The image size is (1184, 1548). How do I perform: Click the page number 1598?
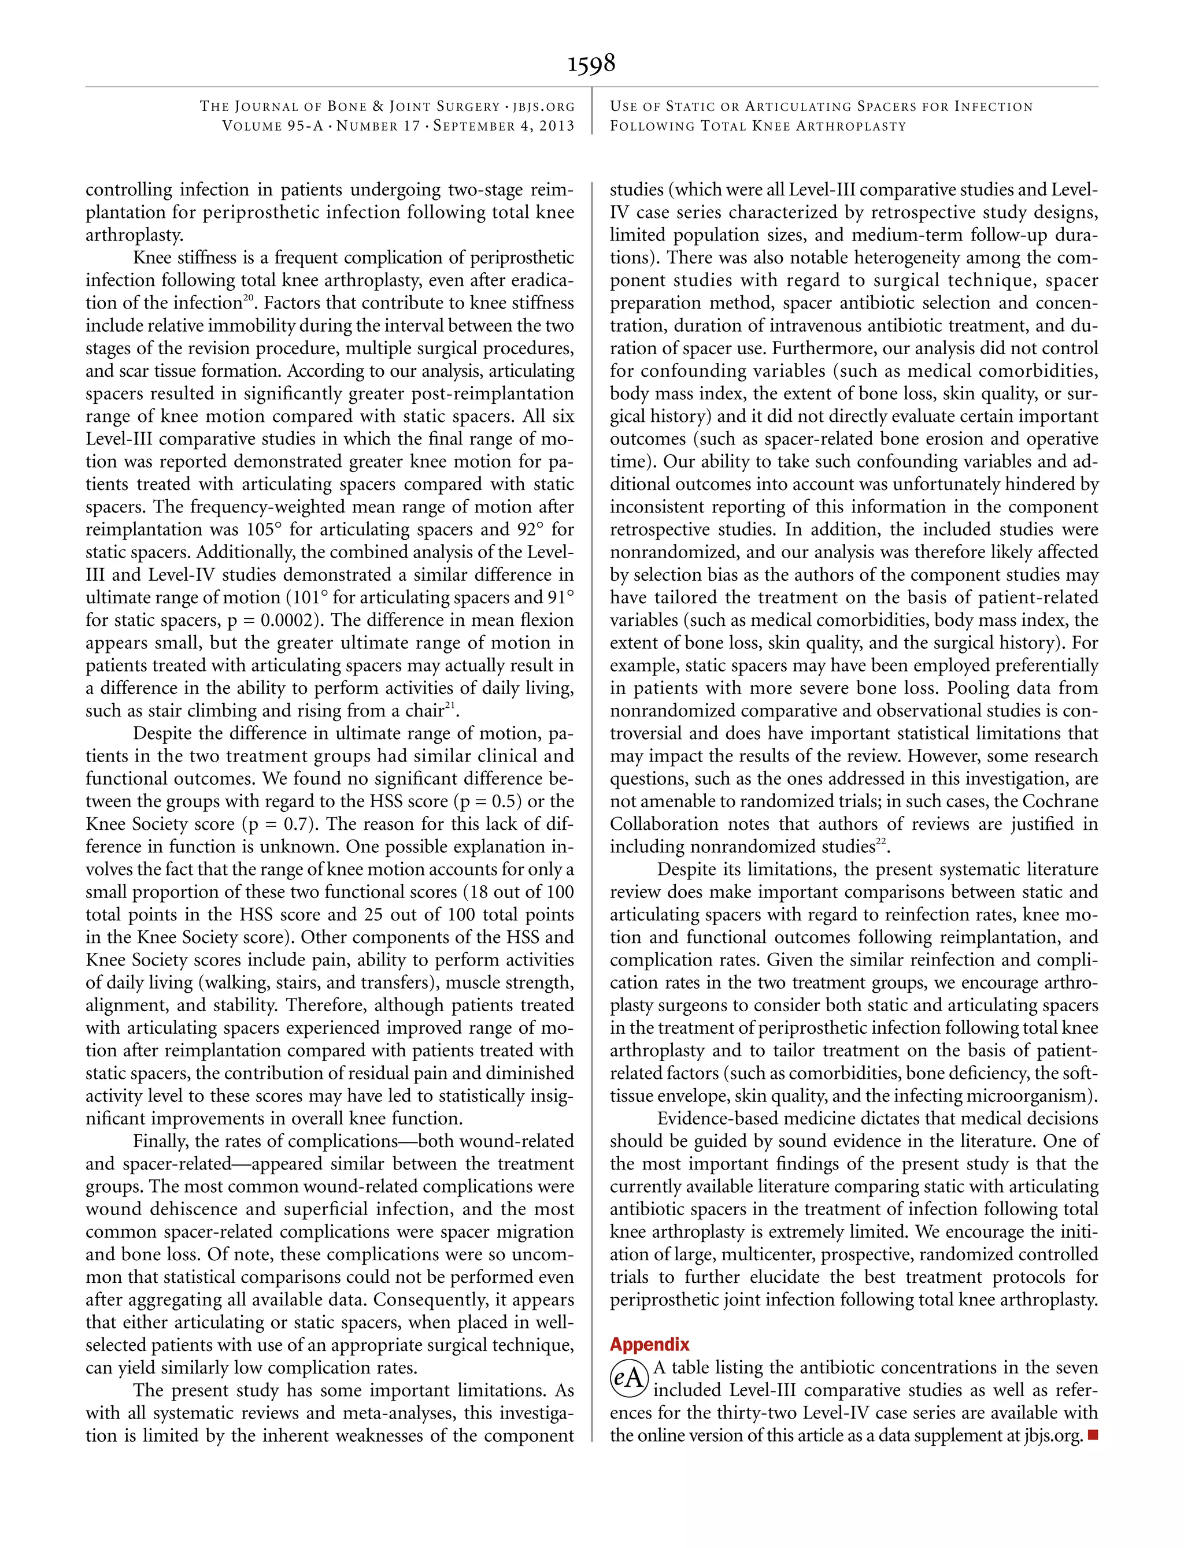(591, 64)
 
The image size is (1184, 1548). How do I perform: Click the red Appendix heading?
(649, 1344)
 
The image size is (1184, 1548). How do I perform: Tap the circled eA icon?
(628, 1378)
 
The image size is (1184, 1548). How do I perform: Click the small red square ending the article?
(1093, 1435)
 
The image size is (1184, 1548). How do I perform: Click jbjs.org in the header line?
(543, 107)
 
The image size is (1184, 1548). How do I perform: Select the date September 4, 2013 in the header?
(504, 126)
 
